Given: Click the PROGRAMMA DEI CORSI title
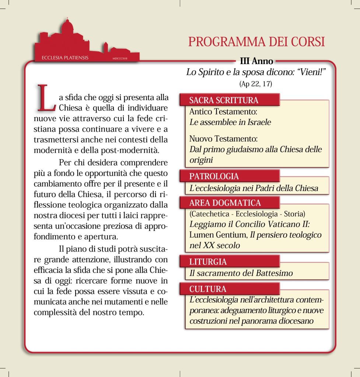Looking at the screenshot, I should pyautogui.click(x=256, y=41).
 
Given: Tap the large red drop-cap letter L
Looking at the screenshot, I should pyautogui.click(x=45, y=97).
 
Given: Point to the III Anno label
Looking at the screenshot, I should pyautogui.click(x=256, y=61).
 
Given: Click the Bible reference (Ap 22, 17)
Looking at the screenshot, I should pyautogui.click(x=255, y=84).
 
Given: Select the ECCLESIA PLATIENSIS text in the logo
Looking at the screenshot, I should pyautogui.click(x=60, y=58).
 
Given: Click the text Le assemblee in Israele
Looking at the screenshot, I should pyautogui.click(x=230, y=122).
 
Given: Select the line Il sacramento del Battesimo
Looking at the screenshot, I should pyautogui.click(x=241, y=273).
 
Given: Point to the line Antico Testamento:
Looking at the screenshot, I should pyautogui.click(x=223, y=112).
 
